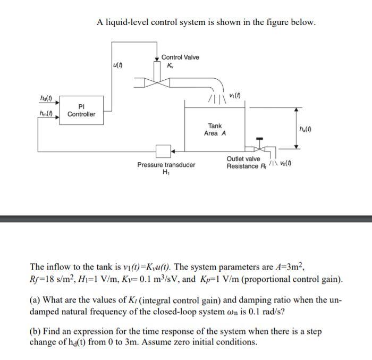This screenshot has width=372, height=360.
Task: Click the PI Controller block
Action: pos(81,110)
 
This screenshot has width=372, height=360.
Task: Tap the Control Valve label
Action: pos(180,57)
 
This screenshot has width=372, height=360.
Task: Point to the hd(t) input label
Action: pos(46,99)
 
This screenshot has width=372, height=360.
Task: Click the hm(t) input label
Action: pos(47,113)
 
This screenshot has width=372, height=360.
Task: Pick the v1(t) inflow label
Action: pos(235,95)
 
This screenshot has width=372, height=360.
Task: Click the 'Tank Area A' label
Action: pos(215,130)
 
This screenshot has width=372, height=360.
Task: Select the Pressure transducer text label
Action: pos(166,165)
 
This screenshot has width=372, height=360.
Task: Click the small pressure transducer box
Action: pos(163,150)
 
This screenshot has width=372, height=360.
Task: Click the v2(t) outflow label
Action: pos(285,163)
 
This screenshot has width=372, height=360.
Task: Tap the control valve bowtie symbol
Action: pos(157,82)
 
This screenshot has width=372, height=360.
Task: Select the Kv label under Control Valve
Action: pos(170,65)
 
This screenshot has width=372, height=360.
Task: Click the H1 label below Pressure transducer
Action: pos(165,172)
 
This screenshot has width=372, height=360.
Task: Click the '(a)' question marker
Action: pos(36,299)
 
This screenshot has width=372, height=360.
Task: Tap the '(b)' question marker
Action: pos(36,331)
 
